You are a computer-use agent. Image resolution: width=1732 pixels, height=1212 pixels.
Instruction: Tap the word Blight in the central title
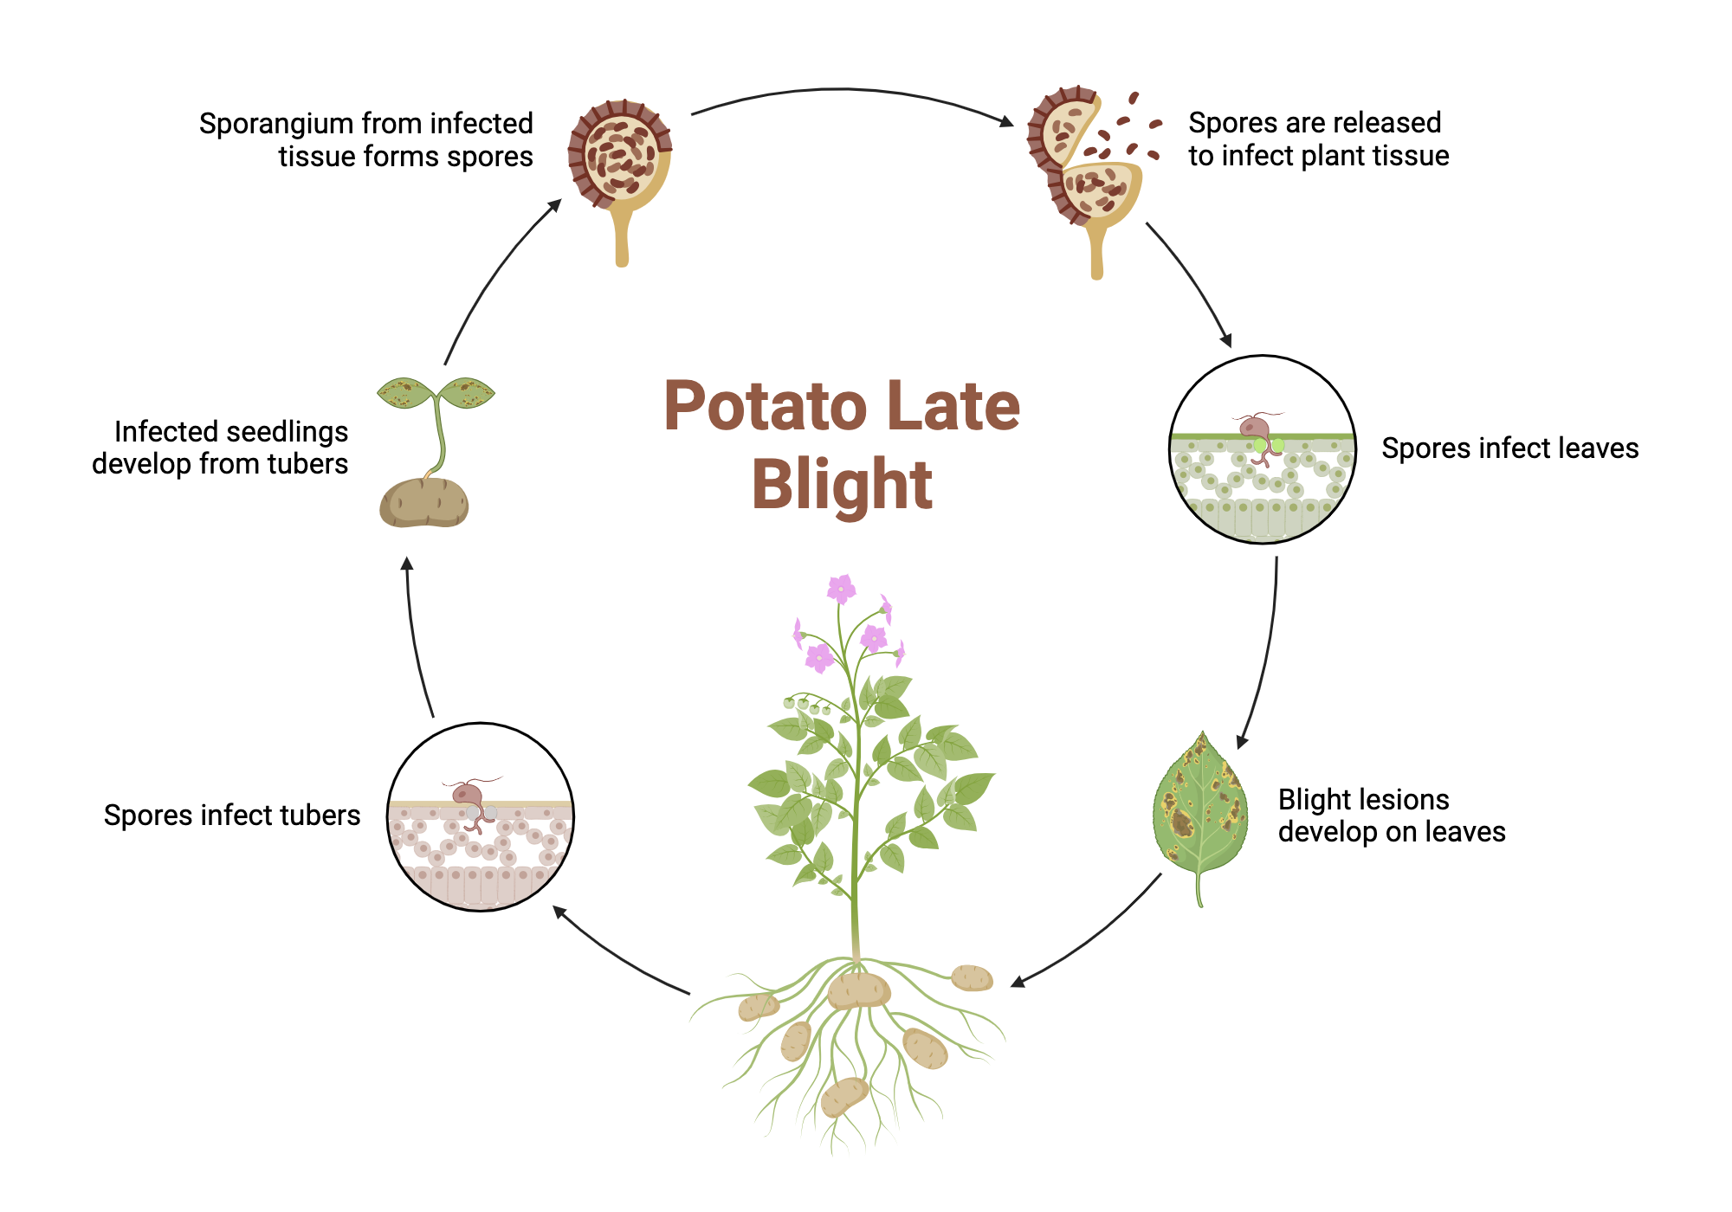(x=842, y=485)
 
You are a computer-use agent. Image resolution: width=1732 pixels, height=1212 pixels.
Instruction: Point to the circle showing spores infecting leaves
(x=1262, y=449)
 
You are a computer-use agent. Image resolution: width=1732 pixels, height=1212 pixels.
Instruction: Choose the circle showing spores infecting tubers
(x=481, y=816)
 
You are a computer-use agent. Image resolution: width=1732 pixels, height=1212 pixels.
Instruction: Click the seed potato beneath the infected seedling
(x=424, y=503)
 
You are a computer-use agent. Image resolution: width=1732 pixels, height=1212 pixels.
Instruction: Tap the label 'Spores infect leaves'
(x=1509, y=448)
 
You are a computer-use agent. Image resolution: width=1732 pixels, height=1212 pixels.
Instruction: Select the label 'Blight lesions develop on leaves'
(x=1391, y=815)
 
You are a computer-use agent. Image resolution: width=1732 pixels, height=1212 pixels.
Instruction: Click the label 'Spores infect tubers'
(x=232, y=816)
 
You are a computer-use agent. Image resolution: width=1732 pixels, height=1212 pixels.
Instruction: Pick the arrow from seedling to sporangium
(x=494, y=277)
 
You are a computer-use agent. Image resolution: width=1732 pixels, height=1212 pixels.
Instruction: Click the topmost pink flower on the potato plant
(x=840, y=589)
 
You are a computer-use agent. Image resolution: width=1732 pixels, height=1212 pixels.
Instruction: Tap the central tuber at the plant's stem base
(x=857, y=990)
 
